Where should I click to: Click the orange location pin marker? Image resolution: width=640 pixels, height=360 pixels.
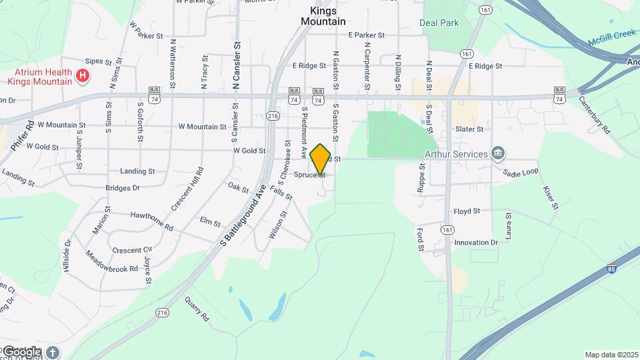[321, 159]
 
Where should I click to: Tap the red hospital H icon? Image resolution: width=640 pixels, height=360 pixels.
[83, 76]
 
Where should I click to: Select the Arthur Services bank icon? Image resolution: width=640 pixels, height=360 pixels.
[497, 154]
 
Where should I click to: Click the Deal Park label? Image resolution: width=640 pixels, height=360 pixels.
[439, 23]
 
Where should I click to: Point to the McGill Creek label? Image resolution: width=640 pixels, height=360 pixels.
[612, 38]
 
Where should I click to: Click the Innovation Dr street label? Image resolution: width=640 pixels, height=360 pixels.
[476, 243]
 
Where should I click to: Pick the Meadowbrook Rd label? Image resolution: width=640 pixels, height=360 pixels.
[111, 261]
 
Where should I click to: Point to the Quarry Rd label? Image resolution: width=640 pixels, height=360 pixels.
[197, 309]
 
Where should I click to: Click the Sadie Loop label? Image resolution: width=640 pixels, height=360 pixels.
[520, 172]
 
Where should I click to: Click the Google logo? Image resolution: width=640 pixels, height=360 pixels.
[21, 351]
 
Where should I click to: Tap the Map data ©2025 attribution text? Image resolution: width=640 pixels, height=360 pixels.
[611, 355]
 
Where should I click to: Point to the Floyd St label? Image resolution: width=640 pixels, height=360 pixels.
[467, 211]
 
